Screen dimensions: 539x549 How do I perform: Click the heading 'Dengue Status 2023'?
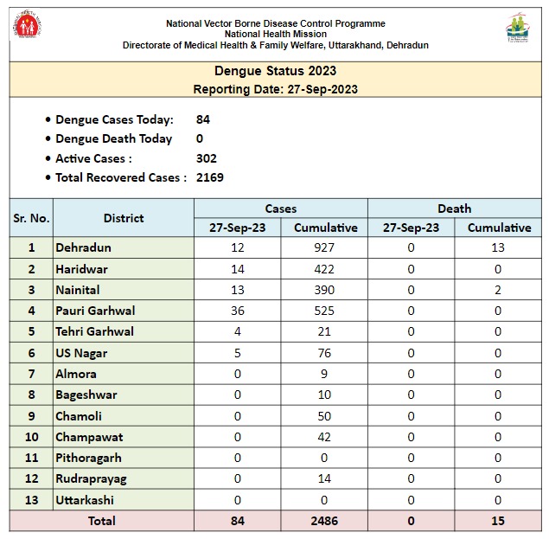(x=275, y=71)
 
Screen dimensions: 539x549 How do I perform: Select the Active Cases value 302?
(x=207, y=158)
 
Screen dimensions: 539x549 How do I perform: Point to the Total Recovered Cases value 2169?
(x=210, y=177)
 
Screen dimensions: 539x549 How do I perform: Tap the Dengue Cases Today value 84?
(x=203, y=119)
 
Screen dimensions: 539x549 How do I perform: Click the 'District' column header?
(x=124, y=218)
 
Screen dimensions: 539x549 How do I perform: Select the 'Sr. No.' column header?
(x=31, y=218)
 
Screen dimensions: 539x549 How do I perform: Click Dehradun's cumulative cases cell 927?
(x=325, y=247)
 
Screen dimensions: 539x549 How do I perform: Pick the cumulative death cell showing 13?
(x=499, y=247)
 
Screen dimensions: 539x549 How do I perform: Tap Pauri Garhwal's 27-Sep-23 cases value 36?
(x=237, y=311)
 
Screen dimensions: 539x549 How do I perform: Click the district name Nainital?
(x=78, y=290)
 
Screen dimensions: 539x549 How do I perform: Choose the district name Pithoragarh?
(x=88, y=458)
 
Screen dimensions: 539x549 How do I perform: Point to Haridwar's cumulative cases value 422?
(x=325, y=269)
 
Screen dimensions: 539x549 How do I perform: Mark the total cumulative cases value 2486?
(x=325, y=521)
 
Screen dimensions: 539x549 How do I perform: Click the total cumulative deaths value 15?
(x=499, y=521)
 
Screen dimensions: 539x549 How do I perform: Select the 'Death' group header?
(x=454, y=209)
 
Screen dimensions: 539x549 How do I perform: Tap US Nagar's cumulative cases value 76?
(x=325, y=353)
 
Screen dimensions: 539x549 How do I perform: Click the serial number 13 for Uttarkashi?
(x=31, y=500)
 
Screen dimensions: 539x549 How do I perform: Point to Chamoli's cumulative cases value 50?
(x=325, y=416)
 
